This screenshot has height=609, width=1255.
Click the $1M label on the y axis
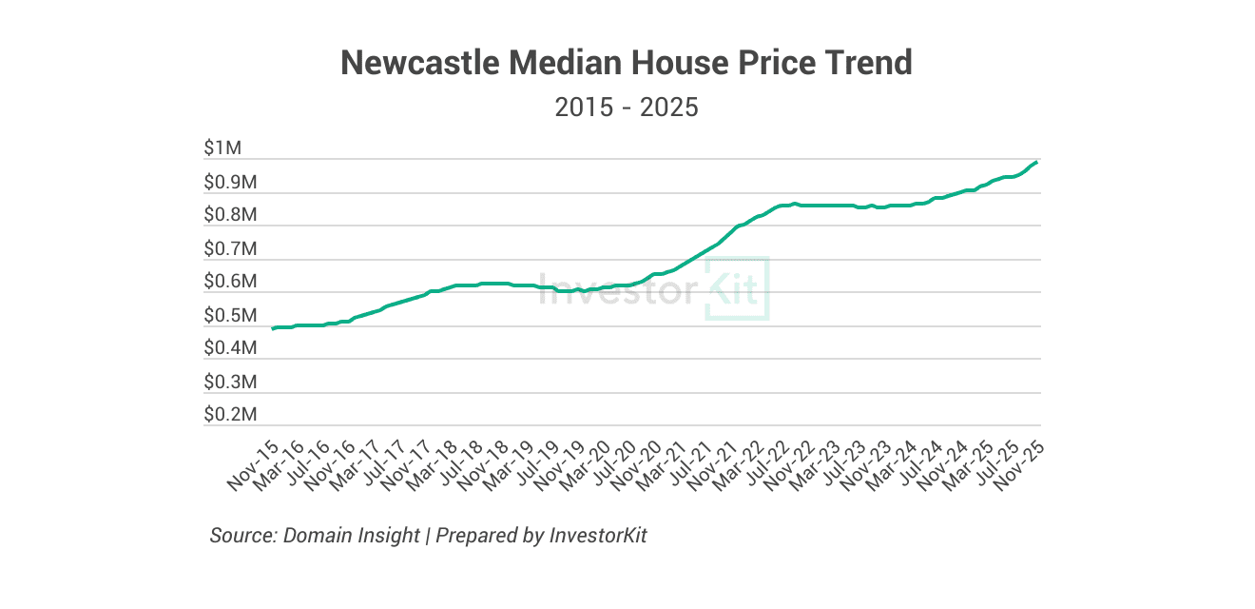click(x=223, y=148)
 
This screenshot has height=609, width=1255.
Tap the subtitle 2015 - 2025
click(x=627, y=107)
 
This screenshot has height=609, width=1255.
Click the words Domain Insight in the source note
click(x=352, y=535)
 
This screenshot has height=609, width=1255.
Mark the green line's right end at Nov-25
click(x=1035, y=162)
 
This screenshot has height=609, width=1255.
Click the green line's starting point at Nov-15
click(x=274, y=328)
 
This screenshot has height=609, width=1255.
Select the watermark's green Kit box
click(x=736, y=288)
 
